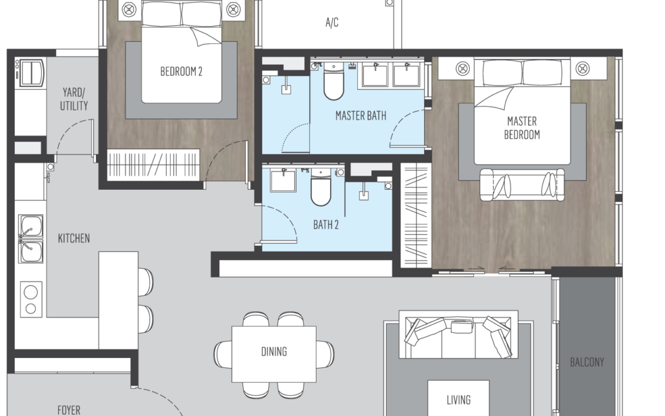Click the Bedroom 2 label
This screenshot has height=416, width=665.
181,71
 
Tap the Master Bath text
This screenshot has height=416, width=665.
361,115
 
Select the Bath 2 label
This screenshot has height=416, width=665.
326,224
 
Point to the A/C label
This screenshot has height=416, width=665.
332,22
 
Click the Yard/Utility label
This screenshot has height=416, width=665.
74,99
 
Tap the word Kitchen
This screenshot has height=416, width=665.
74,238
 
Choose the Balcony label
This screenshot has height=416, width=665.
587,362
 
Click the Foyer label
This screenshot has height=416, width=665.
69,410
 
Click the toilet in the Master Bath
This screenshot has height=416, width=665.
334,81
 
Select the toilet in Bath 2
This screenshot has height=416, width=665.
321,187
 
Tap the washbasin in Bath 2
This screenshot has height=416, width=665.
283,180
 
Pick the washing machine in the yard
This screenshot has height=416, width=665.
30,73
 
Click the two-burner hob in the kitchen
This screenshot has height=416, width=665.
31,300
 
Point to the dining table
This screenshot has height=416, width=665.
274,354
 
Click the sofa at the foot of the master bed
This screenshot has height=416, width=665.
522,184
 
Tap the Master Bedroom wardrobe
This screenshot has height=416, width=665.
416,215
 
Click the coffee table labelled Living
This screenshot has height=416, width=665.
459,398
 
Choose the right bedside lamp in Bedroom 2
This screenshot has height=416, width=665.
233,9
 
